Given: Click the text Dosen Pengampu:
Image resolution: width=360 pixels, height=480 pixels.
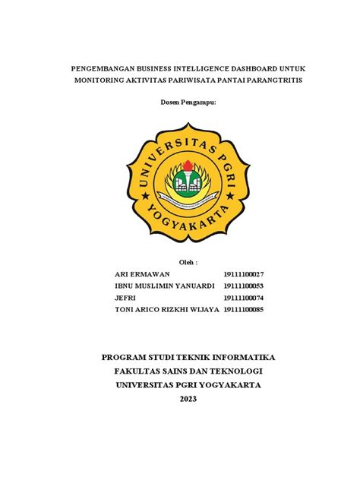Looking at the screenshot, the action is tap(180, 102).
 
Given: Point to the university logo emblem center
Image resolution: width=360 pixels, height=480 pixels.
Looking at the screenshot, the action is tap(180, 180).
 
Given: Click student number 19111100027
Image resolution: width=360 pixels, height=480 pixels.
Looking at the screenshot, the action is tap(243, 273).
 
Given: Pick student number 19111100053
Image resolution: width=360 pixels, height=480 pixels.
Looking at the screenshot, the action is tap(243, 286).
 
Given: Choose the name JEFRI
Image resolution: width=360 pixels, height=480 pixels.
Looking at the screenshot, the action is tap(125, 298).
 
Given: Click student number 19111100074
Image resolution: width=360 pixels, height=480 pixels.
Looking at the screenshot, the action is tap(243, 298).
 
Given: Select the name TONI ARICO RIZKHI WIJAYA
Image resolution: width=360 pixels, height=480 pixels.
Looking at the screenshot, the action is tap(166, 310).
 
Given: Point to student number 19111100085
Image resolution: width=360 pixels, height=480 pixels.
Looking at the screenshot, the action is tap(243, 310).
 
